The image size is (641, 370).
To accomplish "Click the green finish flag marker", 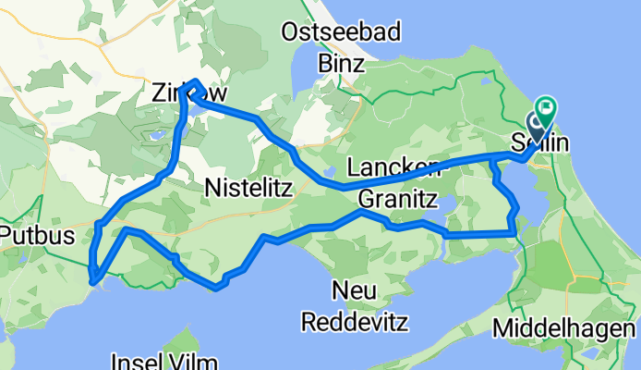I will point(546,109).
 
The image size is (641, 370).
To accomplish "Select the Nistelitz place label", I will point(247,189).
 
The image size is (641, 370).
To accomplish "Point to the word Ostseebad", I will point(342,34).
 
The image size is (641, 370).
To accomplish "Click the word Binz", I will point(342,64).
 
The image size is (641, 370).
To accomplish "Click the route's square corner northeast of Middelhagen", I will point(512,232).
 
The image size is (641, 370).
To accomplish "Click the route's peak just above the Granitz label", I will point(361,212).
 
